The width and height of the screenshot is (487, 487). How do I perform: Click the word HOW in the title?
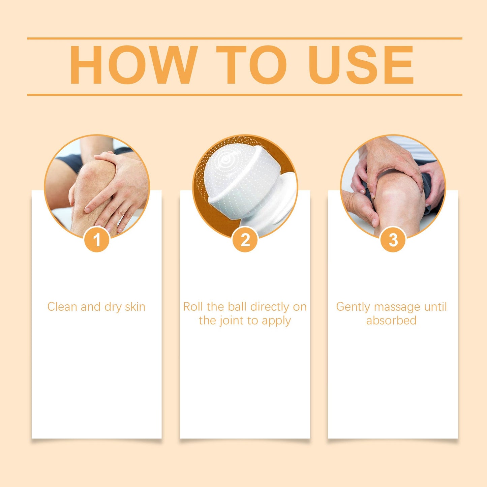pyautogui.click(x=133, y=65)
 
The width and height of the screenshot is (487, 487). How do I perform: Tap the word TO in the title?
pyautogui.click(x=251, y=65)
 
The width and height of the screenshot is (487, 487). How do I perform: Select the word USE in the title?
pyautogui.click(x=361, y=65)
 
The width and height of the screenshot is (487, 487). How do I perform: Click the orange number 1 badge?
pyautogui.click(x=97, y=240)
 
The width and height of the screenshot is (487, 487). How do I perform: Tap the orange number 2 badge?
pyautogui.click(x=245, y=240)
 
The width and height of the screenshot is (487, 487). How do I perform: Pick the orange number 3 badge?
pyautogui.click(x=393, y=240)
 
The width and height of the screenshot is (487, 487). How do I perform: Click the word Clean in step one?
pyautogui.click(x=62, y=307)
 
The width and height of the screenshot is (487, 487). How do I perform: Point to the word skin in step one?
pyautogui.click(x=135, y=307)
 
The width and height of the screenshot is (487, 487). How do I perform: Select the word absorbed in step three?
pyautogui.click(x=391, y=321)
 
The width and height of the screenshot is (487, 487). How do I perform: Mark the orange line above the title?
pyautogui.click(x=244, y=38)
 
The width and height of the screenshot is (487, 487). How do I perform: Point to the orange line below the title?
pyautogui.click(x=244, y=95)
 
